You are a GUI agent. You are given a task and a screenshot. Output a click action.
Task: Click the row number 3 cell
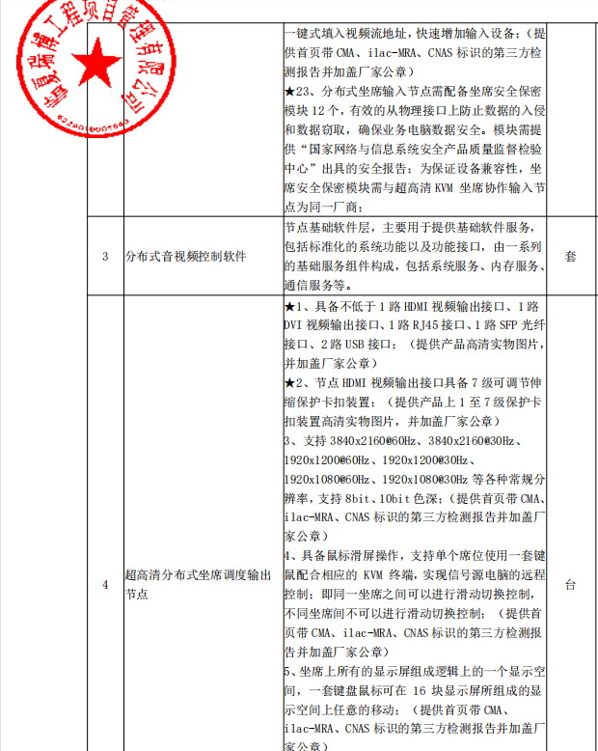(105, 256)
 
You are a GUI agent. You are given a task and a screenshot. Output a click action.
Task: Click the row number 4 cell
(105, 585)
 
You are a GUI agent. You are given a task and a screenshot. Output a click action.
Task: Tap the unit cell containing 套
(570, 257)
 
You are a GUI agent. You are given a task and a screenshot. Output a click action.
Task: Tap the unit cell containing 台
(570, 585)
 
